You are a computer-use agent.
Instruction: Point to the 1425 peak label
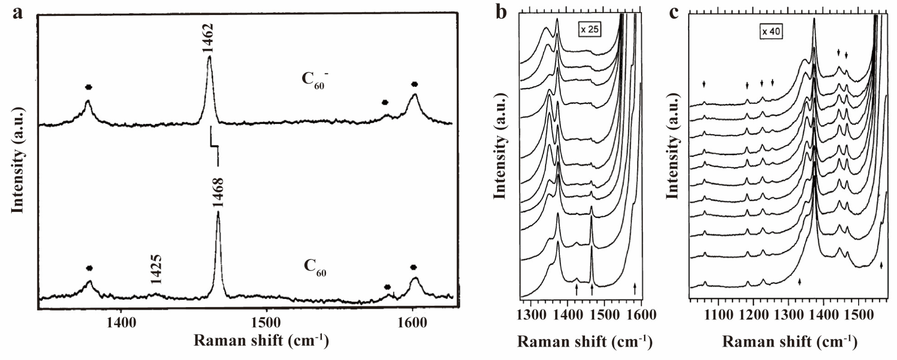coord(156,269)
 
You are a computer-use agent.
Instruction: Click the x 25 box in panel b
coord(590,29)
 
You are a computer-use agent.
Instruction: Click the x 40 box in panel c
coord(771,32)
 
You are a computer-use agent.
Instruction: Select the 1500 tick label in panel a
coord(266,322)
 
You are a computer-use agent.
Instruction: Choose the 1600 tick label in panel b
coord(641,315)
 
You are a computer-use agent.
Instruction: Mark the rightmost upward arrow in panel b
coord(635,288)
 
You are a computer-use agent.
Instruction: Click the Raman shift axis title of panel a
coord(261,340)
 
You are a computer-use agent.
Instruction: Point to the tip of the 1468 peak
coord(218,212)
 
